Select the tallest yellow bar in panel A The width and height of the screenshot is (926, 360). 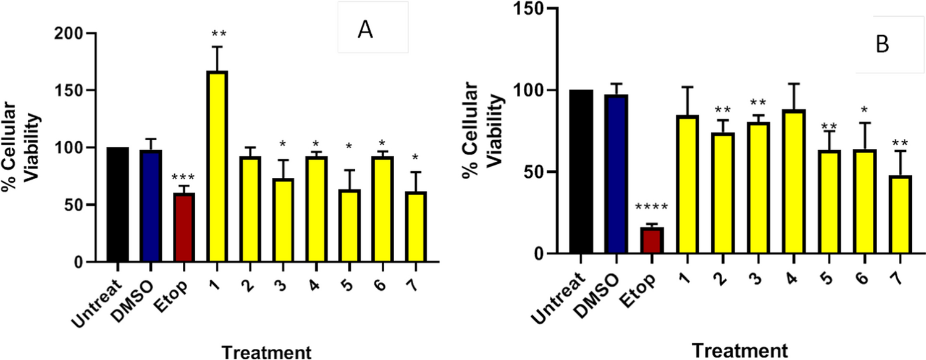[x=217, y=167]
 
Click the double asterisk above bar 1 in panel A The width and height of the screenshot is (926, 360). [x=217, y=35]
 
